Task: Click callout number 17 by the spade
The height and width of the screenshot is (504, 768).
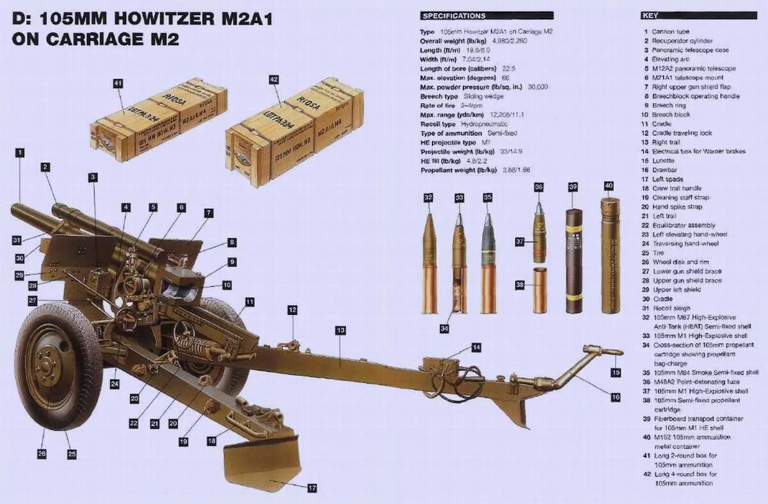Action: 312,489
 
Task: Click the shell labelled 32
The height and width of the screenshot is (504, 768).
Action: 429,263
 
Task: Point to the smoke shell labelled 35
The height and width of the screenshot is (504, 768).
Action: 488,263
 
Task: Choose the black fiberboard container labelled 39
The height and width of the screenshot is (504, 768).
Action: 573,263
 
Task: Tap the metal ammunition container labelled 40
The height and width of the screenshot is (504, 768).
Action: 610,256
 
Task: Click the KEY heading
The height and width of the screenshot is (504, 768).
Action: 650,15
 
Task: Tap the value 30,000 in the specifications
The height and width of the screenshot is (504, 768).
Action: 538,86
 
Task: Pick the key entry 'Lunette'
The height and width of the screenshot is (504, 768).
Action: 663,161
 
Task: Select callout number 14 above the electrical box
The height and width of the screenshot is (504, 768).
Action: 476,347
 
